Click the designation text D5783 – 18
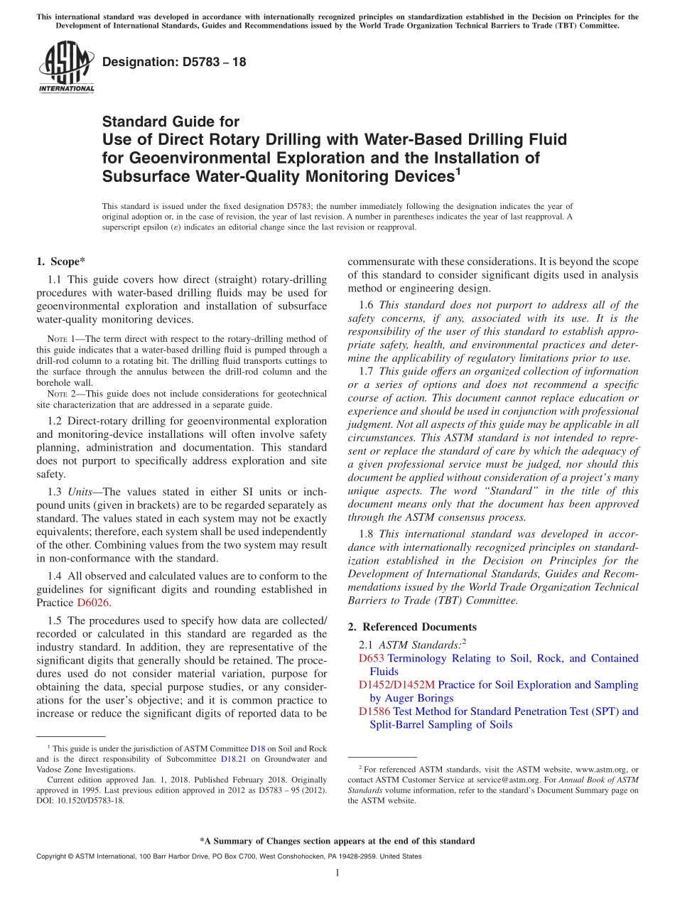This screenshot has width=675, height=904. click(174, 62)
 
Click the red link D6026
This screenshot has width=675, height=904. click(92, 603)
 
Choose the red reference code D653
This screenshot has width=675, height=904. click(372, 658)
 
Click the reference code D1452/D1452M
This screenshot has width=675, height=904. click(396, 684)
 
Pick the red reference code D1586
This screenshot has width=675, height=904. click(374, 711)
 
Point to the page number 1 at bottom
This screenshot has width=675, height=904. click(337, 873)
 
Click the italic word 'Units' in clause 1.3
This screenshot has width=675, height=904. click(81, 492)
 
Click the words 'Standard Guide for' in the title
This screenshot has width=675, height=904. click(171, 122)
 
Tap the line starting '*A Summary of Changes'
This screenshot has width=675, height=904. click(337, 841)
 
